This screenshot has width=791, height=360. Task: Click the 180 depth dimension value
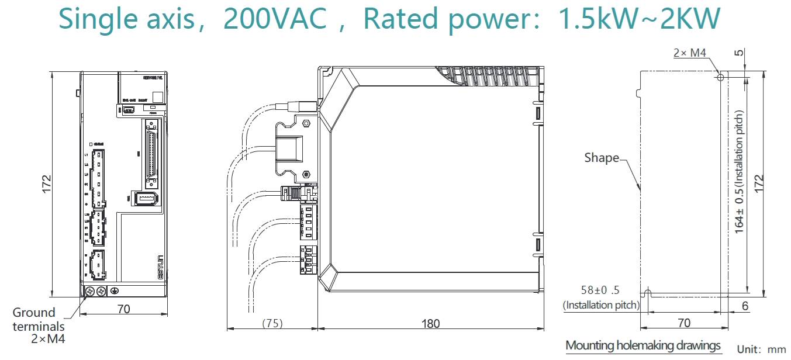[430, 323]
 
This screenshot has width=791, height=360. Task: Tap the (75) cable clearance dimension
[272, 323]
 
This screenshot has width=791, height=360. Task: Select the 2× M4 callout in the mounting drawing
[690, 53]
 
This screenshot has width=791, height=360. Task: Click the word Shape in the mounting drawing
[602, 158]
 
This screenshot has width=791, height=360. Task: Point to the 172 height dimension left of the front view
[47, 184]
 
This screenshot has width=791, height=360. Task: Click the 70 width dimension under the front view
[123, 309]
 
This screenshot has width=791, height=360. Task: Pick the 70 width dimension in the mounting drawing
[684, 323]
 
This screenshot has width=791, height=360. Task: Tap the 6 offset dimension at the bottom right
[745, 306]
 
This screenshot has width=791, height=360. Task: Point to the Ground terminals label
[34, 319]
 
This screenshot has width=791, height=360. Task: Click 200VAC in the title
[275, 19]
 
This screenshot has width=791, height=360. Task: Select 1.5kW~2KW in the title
[640, 19]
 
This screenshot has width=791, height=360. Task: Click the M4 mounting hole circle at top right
[721, 77]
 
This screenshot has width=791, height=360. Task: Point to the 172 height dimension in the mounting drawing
[758, 184]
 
